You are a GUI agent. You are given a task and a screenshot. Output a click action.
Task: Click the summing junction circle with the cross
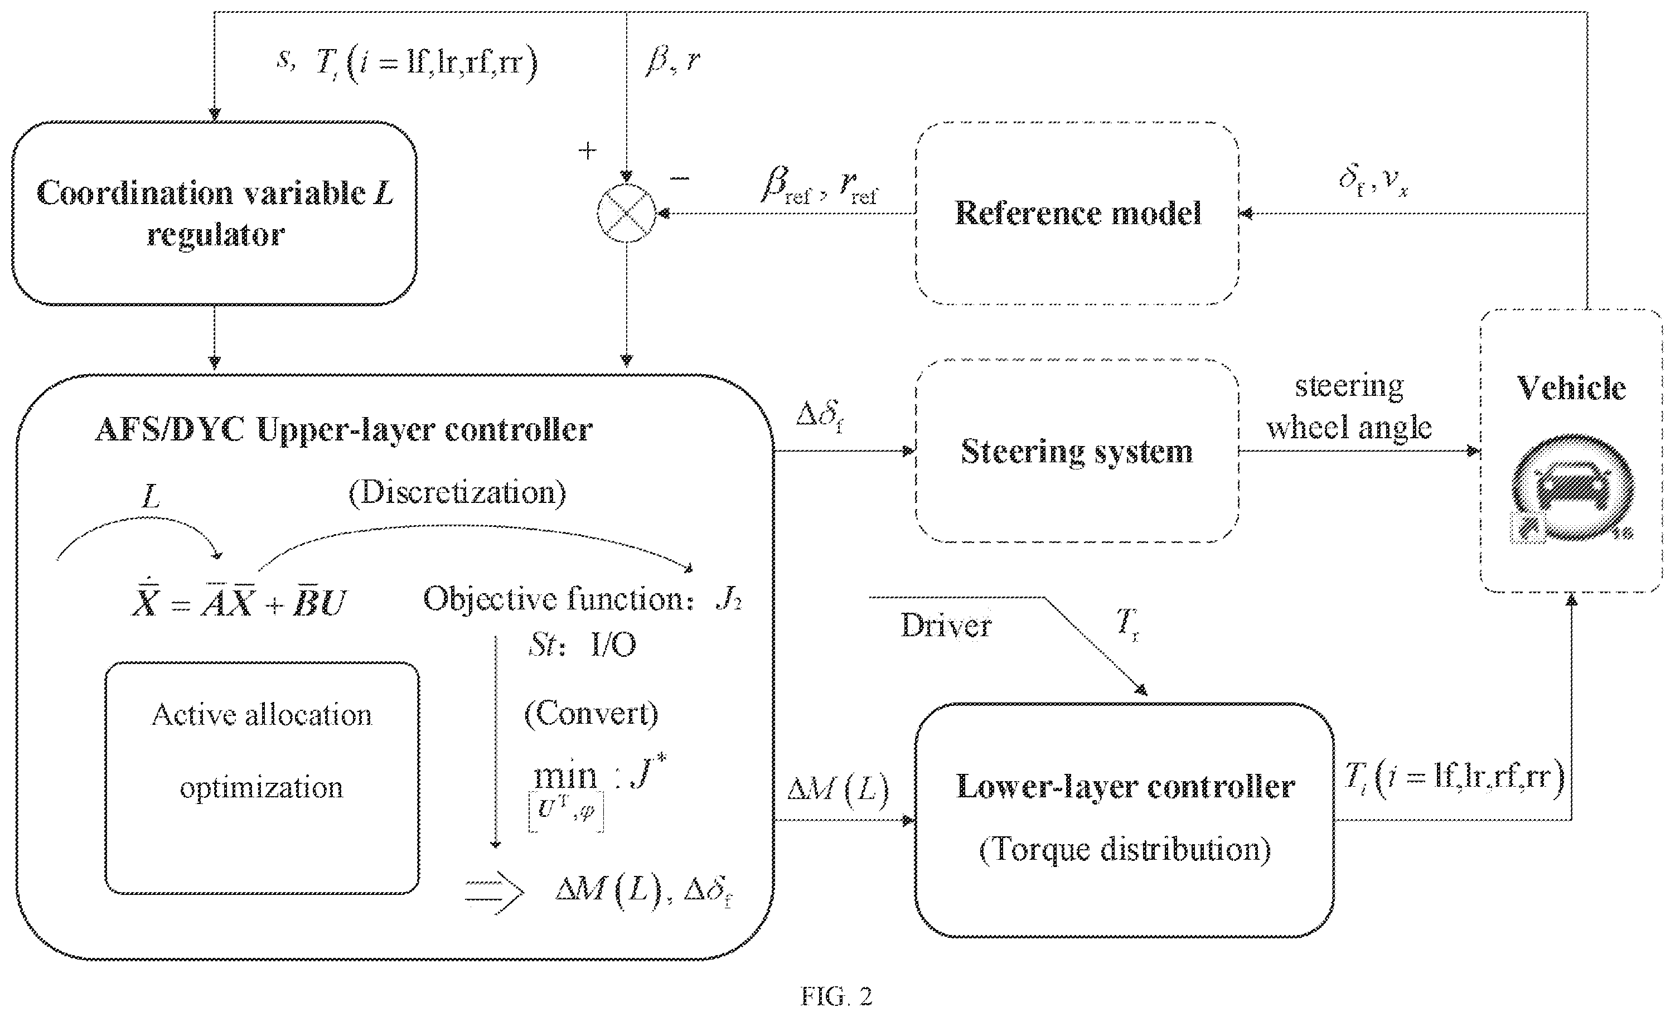tap(626, 213)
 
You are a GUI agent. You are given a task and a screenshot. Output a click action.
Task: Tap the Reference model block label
tap(1077, 213)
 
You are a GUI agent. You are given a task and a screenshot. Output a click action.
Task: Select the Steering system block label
tap(1077, 452)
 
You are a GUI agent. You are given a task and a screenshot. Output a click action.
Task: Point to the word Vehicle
tap(1571, 388)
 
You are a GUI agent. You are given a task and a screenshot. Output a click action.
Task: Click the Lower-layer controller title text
tap(1125, 787)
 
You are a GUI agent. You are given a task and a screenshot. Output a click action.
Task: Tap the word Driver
tap(946, 626)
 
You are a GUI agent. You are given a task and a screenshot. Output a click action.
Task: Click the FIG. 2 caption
tap(836, 996)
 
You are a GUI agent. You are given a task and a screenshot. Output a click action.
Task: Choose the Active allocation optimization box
tap(262, 778)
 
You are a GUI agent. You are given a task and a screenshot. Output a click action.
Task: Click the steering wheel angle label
tap(1349, 407)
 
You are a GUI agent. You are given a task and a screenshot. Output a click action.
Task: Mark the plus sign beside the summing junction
tap(587, 150)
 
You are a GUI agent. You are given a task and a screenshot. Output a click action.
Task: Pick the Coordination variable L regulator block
tap(214, 213)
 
